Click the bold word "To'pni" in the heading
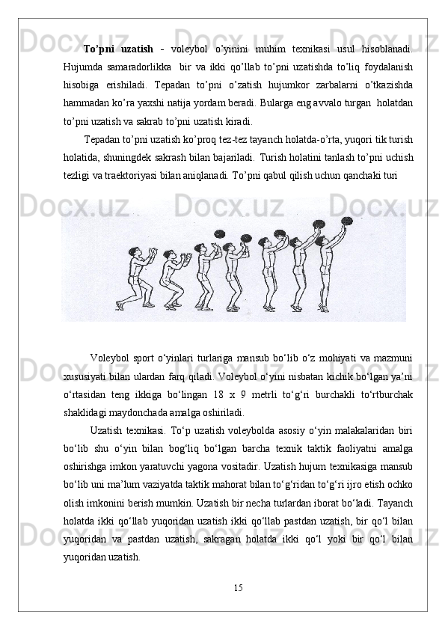click(98, 49)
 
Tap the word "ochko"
click(402, 485)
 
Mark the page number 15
click(238, 588)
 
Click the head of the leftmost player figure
click(135, 253)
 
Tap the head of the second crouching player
click(167, 256)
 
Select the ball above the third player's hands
click(219, 233)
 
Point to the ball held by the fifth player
click(280, 235)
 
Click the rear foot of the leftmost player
click(119, 306)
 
